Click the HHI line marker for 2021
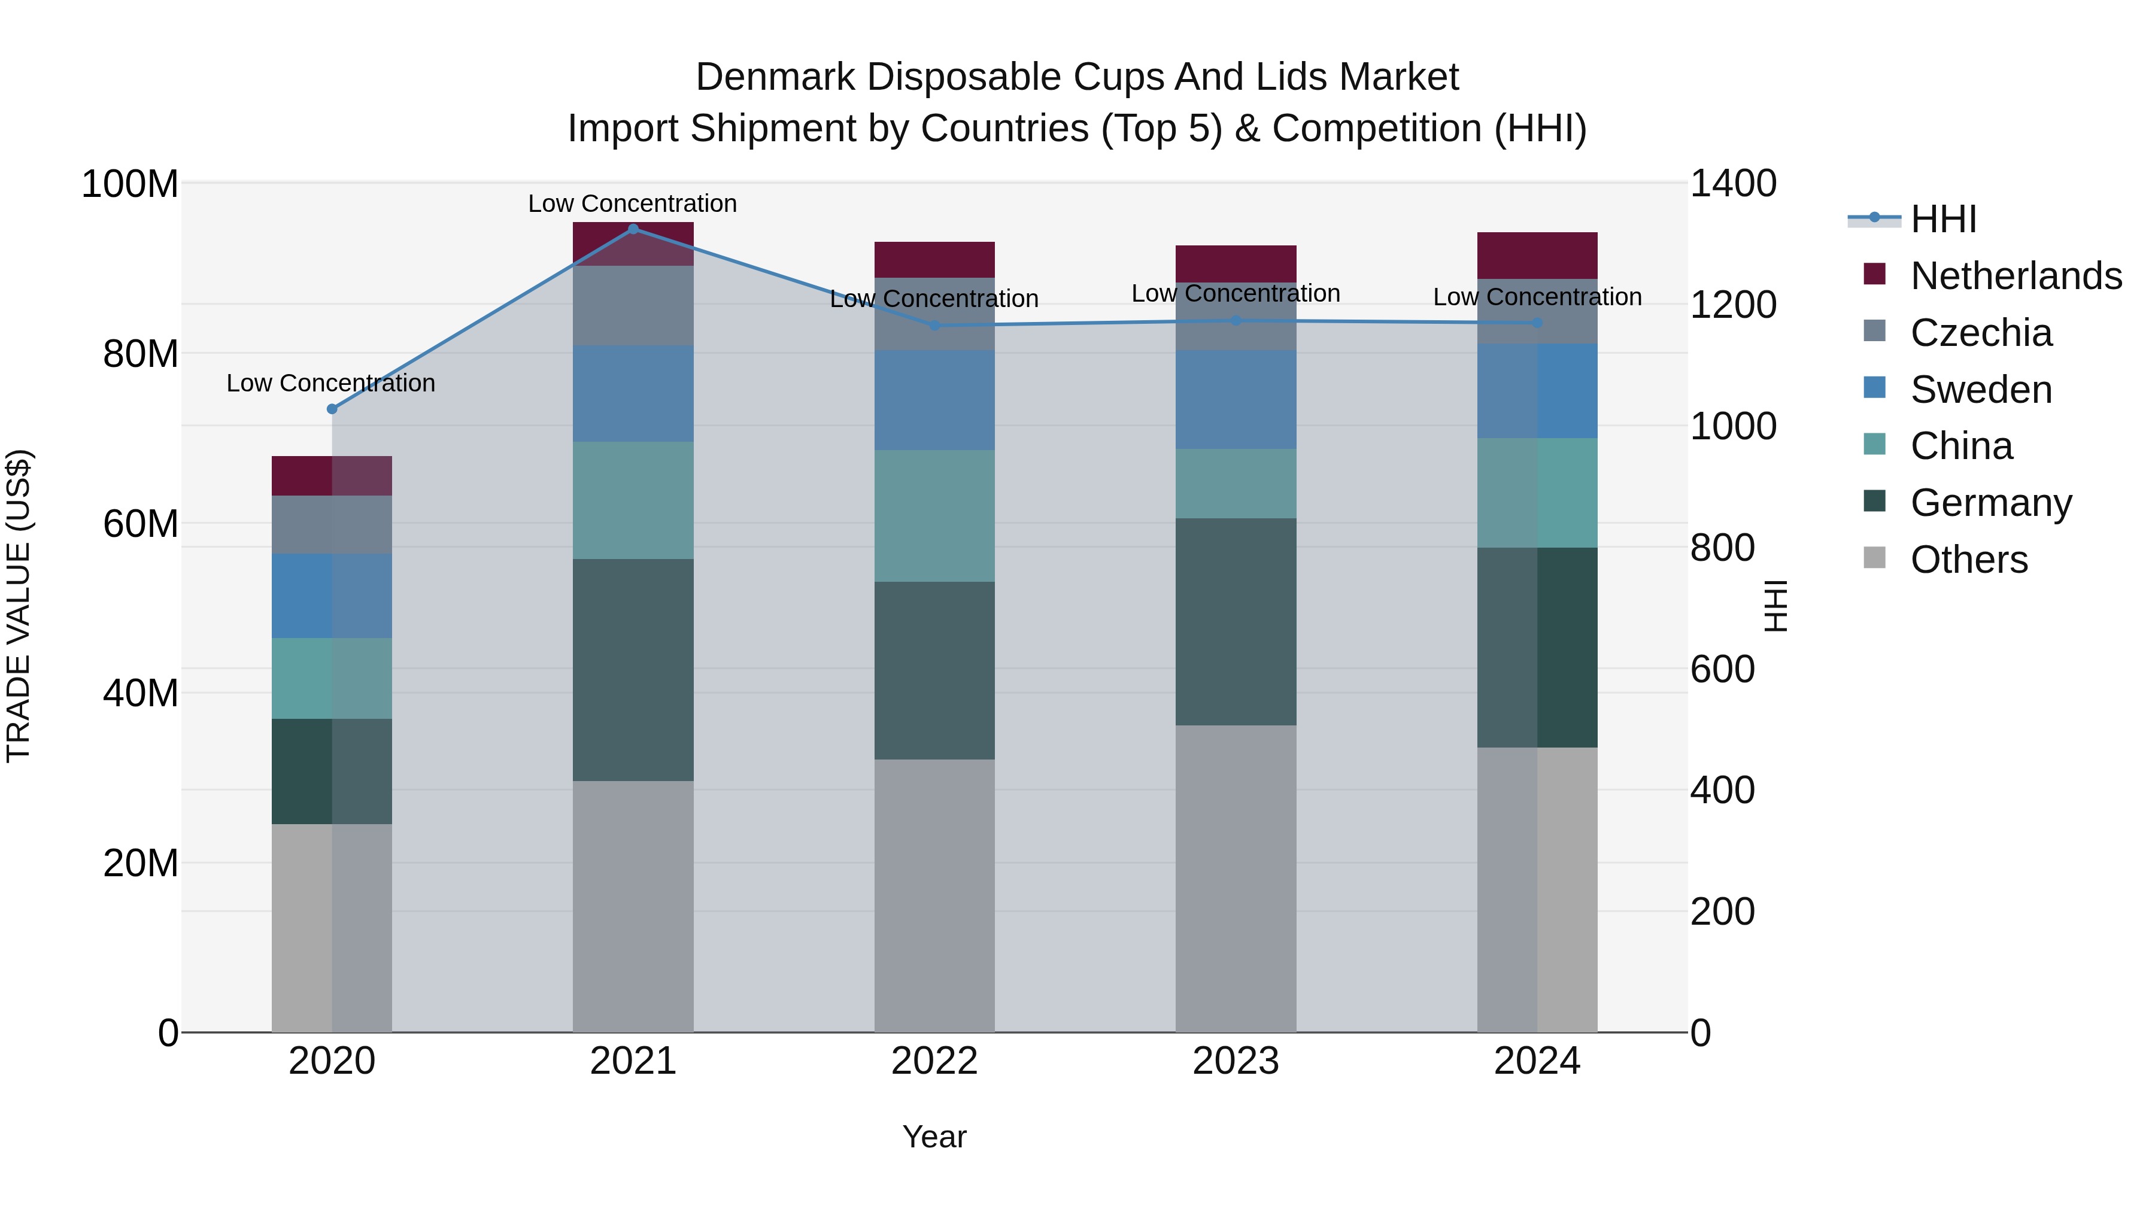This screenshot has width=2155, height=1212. tap(633, 229)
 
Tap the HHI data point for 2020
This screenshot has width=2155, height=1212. tap(332, 409)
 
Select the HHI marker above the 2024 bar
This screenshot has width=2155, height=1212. tap(1538, 323)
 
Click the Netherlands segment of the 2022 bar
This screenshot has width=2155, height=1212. tap(934, 259)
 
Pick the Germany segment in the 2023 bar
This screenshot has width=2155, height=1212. tap(1236, 621)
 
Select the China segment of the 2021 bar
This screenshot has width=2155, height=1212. tap(633, 500)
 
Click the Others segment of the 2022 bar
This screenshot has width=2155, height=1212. tap(934, 895)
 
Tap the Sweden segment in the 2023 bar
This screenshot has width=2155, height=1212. tap(1236, 399)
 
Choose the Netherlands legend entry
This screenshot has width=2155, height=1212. tap(2016, 276)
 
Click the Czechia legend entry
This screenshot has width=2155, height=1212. tap(1981, 333)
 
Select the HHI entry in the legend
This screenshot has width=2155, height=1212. tap(1943, 219)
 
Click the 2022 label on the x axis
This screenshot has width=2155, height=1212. tap(934, 1061)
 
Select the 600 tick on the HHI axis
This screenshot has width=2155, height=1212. tap(1722, 669)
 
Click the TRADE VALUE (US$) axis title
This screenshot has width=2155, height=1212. tap(19, 606)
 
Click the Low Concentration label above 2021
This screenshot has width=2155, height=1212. tap(633, 203)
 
